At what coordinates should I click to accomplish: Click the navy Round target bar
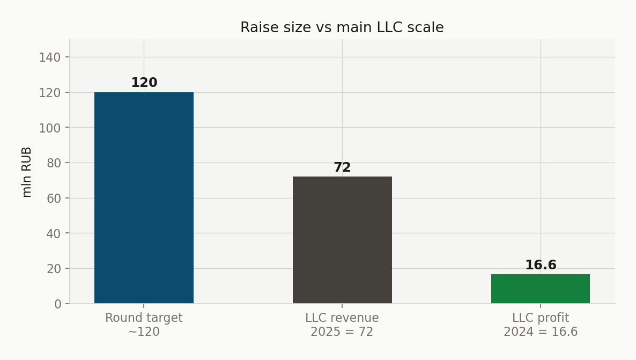(144, 197)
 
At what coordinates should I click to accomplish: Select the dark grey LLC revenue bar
(342, 240)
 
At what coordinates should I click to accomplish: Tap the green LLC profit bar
(540, 289)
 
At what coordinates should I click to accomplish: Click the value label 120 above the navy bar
(144, 83)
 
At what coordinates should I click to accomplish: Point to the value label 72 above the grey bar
(342, 167)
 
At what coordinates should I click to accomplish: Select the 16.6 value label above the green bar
(541, 265)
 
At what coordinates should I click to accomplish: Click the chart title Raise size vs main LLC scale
(342, 27)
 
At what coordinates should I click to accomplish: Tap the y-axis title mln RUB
(26, 172)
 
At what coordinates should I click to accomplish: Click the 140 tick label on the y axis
(50, 57)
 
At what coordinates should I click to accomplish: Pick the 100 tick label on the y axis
(50, 128)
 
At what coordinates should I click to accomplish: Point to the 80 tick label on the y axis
(54, 163)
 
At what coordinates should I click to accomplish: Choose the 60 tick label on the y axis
(54, 199)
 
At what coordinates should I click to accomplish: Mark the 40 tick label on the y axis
(54, 233)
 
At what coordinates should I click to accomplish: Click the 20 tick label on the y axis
(54, 269)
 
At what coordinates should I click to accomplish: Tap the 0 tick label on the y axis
(57, 304)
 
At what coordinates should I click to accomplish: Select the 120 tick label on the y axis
(50, 92)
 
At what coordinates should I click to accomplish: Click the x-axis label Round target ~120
(144, 325)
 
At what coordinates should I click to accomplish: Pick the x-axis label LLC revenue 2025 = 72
(342, 325)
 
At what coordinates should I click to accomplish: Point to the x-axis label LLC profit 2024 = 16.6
(541, 325)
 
